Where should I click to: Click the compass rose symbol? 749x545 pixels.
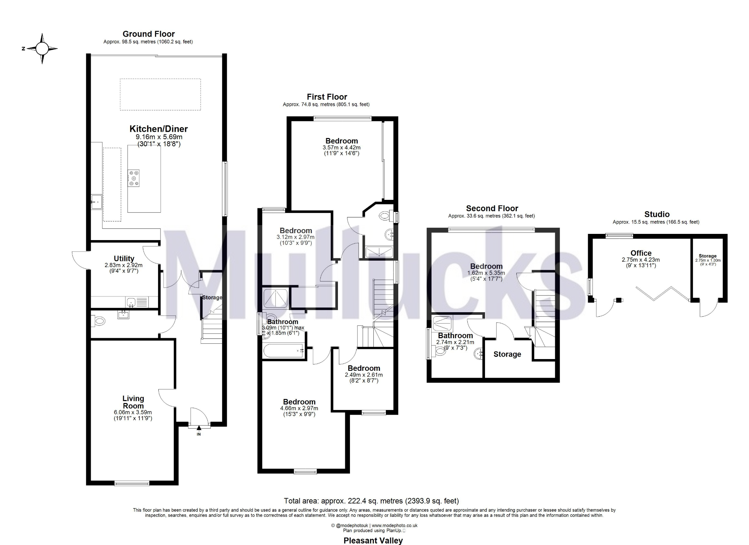[x=42, y=49]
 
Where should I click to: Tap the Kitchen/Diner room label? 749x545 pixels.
[x=159, y=129]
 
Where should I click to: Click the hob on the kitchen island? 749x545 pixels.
[x=133, y=178]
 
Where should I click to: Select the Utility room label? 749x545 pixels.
[x=124, y=258]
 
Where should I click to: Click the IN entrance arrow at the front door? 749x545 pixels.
[x=199, y=428]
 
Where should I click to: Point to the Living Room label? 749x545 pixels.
[x=133, y=402]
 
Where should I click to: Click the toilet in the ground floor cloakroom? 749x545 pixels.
[x=99, y=321]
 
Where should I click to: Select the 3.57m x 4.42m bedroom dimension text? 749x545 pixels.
[x=342, y=148]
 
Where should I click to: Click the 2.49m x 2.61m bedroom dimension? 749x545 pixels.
[x=364, y=375]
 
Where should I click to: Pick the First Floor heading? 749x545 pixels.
[x=327, y=97]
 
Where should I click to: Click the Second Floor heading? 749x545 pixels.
[x=492, y=209]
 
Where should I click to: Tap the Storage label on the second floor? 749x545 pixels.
[x=507, y=354]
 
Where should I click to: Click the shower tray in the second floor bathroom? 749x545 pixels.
[x=443, y=324]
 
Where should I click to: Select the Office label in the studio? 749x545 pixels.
[x=641, y=253]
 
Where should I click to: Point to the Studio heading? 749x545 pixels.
[x=657, y=214]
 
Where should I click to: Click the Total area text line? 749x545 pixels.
[x=371, y=501]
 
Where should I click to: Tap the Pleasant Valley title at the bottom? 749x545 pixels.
[x=373, y=541]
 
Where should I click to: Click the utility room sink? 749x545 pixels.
[x=131, y=302]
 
